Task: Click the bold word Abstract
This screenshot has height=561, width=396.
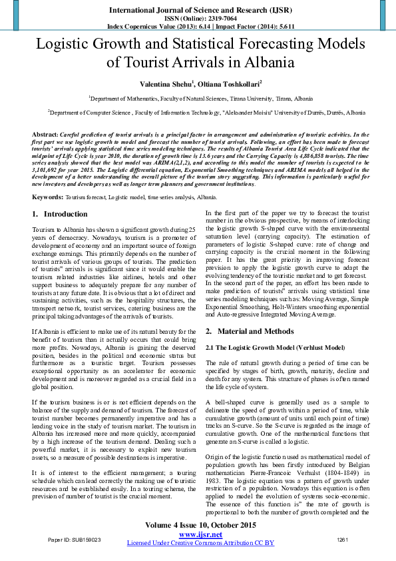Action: coord(45,134)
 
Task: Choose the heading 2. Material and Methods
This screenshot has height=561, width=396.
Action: coord(251,331)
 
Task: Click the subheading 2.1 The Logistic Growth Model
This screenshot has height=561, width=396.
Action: coord(276,347)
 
